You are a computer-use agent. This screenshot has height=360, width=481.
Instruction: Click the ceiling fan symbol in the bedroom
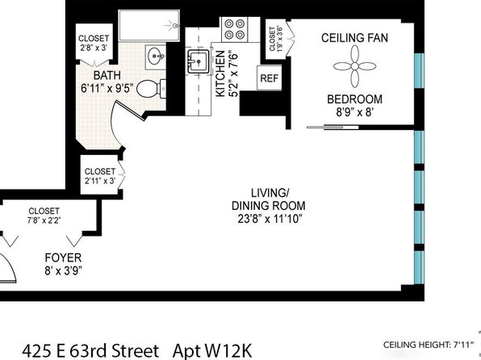coord(354,66)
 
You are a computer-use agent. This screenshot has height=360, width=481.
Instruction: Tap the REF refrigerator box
coord(269,78)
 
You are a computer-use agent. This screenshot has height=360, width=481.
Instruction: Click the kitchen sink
coord(199,61)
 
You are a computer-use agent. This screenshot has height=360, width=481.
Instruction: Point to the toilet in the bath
coord(151,89)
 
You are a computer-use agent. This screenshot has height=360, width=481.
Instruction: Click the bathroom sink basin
coord(156,57)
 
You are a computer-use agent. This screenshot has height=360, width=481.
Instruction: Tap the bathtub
coord(149,26)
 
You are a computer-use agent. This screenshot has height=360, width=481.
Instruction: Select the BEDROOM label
coord(354,99)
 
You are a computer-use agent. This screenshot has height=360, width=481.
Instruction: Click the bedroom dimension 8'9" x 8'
coord(354,112)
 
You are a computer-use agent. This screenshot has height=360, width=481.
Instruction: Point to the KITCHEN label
coord(220,74)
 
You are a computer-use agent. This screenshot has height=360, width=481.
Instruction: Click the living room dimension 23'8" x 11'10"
coord(270,219)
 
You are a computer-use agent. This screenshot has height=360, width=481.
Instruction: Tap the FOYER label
coord(63,257)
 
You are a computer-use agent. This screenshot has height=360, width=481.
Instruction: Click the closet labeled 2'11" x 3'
coord(100,174)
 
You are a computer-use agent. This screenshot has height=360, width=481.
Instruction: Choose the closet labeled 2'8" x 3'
coord(94,43)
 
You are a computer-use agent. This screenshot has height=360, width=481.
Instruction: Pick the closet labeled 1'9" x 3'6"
coord(276,39)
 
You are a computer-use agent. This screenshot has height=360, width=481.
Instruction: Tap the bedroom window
coord(419,70)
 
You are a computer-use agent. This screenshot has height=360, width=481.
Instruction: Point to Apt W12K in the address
coord(212,350)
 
